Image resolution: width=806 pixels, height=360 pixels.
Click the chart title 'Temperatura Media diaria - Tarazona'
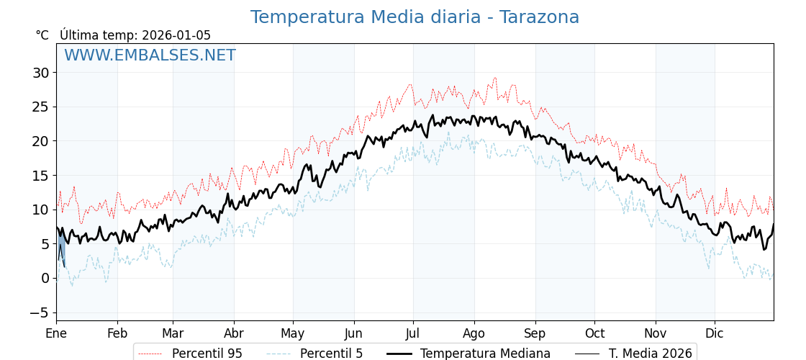point(415,17)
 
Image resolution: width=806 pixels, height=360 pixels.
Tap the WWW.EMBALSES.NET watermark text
point(150,55)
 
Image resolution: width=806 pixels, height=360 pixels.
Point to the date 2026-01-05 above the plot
point(176,35)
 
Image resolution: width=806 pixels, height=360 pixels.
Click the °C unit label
point(42,35)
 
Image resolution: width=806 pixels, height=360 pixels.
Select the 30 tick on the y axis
point(40,73)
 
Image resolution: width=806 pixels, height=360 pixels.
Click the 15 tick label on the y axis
point(40,176)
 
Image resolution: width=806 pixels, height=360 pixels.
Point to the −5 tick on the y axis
point(39,312)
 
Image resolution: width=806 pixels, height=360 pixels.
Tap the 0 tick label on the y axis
point(45,278)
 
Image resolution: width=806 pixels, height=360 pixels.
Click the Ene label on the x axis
point(56,333)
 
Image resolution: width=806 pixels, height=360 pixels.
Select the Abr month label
point(234,333)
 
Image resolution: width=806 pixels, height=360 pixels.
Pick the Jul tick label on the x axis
point(413,333)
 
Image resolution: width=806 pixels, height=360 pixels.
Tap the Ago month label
point(474,333)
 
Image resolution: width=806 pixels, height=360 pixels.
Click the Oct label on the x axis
point(594,333)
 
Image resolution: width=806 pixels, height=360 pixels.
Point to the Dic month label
point(715,333)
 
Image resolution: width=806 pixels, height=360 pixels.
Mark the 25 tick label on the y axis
point(40,107)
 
